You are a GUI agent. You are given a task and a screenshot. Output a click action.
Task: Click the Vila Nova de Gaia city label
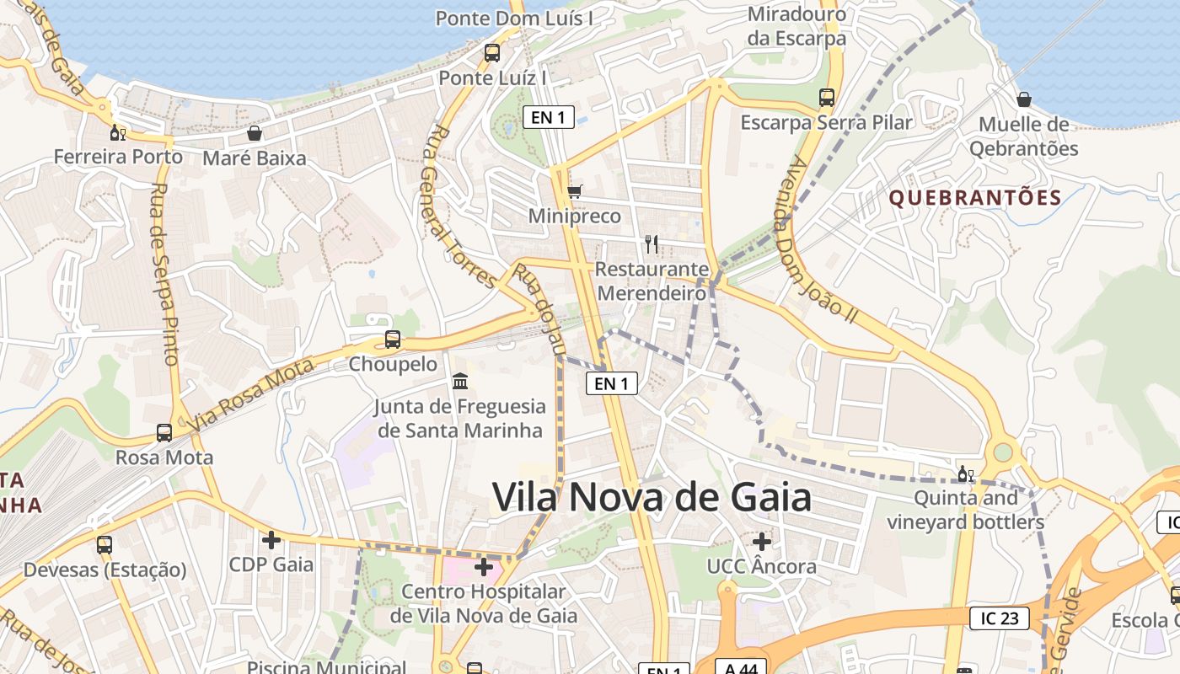[652, 496]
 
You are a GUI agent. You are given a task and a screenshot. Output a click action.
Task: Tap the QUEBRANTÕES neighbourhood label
[975, 198]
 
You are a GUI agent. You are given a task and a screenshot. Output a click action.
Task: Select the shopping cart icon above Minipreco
[575, 191]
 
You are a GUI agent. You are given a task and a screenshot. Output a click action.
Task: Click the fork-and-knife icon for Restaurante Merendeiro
[651, 244]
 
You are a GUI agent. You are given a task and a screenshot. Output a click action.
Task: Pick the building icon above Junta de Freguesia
[460, 382]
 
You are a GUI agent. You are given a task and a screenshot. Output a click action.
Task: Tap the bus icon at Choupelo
[393, 340]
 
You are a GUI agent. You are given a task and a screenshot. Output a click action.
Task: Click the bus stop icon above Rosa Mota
[164, 433]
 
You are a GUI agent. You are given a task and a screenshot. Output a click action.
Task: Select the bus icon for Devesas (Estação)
[105, 544]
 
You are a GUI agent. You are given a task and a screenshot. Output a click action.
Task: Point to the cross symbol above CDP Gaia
[271, 539]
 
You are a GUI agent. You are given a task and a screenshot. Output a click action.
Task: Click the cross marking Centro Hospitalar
[484, 566]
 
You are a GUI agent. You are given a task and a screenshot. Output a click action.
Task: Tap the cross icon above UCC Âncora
[762, 541]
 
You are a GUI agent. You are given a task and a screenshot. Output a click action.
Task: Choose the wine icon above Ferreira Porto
[118, 132]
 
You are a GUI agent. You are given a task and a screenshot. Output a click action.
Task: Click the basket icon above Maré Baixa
[255, 133]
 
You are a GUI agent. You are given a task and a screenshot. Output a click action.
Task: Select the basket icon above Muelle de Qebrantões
[1024, 99]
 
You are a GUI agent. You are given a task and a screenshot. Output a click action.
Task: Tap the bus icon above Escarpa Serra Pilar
[827, 98]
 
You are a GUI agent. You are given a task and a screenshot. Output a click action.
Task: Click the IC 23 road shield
[999, 618]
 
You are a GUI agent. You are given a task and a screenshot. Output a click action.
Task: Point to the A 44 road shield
[741, 668]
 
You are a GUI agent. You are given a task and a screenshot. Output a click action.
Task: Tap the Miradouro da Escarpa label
[796, 26]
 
